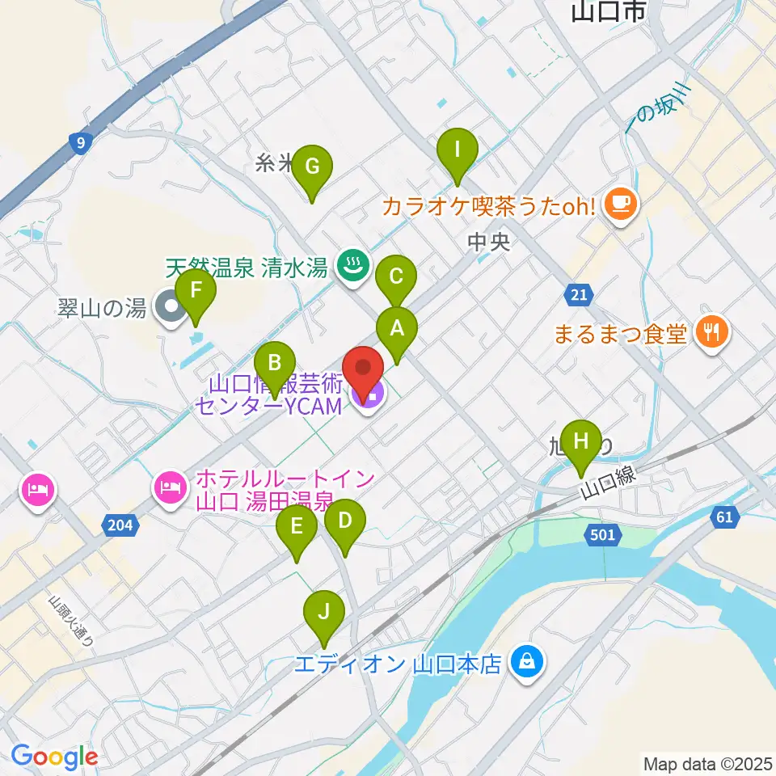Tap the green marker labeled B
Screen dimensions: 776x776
(275, 365)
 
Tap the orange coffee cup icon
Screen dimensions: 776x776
(621, 203)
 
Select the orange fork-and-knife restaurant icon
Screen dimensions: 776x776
(712, 331)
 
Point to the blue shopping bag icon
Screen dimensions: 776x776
(526, 664)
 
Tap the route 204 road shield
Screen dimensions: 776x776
(119, 526)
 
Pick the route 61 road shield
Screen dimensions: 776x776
(723, 517)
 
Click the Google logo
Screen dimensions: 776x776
(54, 757)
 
